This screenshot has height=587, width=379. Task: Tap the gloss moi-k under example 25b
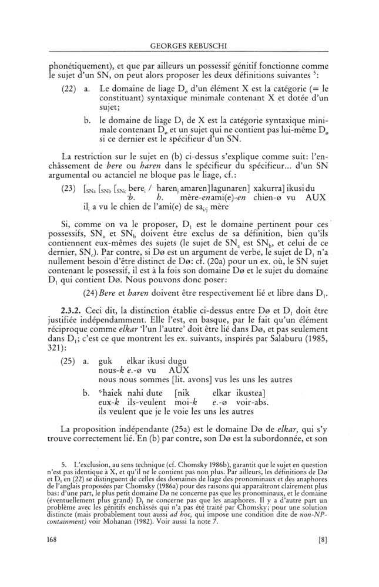[x=187, y=402]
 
